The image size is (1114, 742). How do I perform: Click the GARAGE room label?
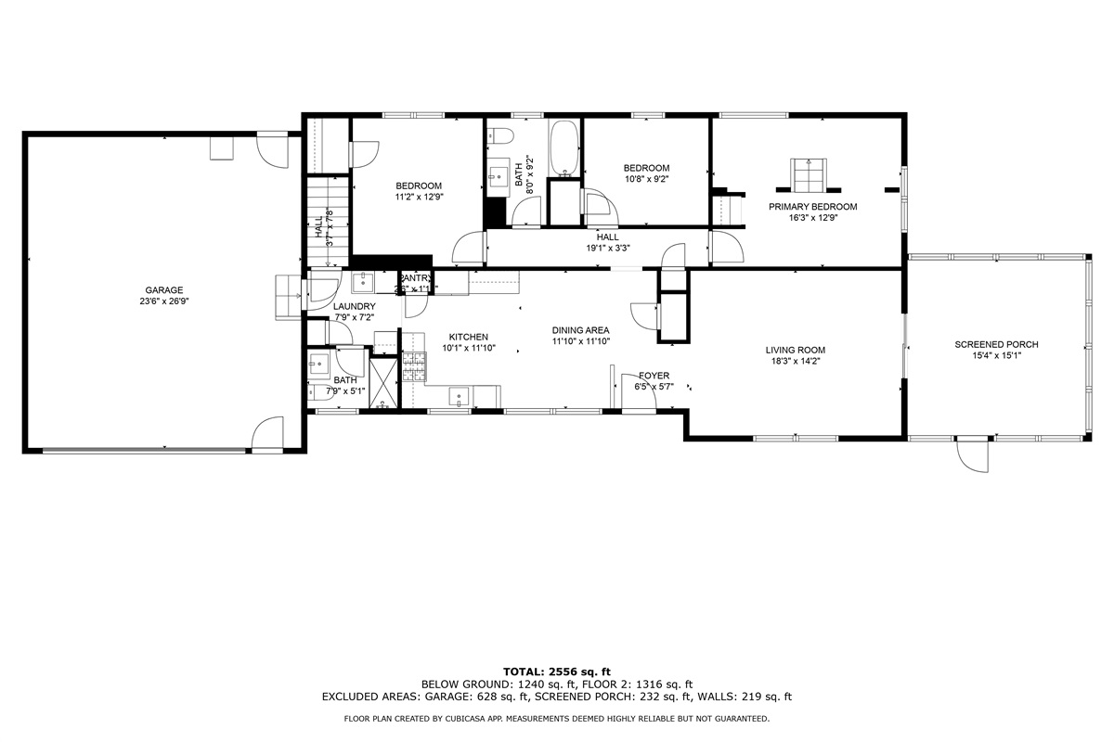point(163,289)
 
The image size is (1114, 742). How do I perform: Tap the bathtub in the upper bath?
point(564,148)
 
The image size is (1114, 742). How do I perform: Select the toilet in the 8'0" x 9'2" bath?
point(502,135)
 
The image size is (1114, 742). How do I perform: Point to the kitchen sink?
point(458,397)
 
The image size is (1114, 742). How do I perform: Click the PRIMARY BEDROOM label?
point(812,207)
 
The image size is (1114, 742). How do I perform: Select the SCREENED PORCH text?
point(996,345)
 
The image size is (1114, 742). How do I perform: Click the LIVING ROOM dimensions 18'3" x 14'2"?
point(795,361)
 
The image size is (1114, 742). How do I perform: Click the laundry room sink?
point(362,282)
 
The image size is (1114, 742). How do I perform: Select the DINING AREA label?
point(580,330)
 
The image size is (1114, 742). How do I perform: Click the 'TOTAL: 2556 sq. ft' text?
point(556,671)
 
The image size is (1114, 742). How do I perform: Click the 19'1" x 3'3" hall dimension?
point(607,248)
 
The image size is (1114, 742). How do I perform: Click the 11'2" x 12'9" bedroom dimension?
point(419,196)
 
